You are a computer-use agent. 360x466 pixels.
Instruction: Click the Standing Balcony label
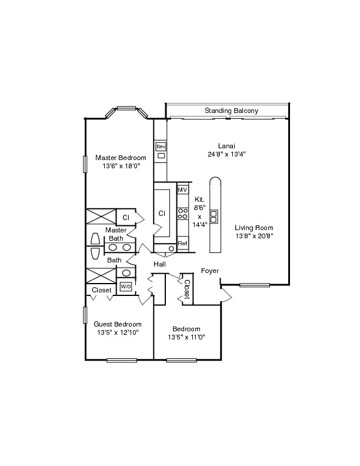(x=231, y=111)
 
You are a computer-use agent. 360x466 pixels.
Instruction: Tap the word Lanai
(x=226, y=146)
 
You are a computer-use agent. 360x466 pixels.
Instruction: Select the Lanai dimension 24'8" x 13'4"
(x=226, y=154)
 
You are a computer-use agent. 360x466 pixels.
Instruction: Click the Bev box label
(x=160, y=145)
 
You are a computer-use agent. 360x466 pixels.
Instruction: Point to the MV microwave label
(x=182, y=190)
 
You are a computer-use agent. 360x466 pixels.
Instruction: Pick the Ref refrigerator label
(x=182, y=243)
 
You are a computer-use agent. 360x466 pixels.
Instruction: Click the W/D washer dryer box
(x=125, y=287)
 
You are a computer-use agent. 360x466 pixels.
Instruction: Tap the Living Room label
(x=254, y=228)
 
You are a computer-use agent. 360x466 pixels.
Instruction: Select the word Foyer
(x=210, y=271)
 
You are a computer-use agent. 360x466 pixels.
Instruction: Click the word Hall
(x=159, y=265)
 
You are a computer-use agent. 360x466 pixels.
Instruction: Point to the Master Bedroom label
(x=121, y=158)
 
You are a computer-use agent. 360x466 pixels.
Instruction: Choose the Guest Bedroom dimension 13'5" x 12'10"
(x=118, y=332)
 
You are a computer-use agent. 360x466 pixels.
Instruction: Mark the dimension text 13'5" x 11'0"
(x=186, y=337)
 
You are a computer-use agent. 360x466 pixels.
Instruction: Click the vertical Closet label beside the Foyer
(x=186, y=289)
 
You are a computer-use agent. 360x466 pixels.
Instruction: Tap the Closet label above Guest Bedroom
(x=101, y=290)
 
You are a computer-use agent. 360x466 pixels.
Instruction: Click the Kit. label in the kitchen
(x=199, y=200)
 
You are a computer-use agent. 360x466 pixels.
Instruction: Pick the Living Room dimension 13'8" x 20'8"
(x=254, y=236)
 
